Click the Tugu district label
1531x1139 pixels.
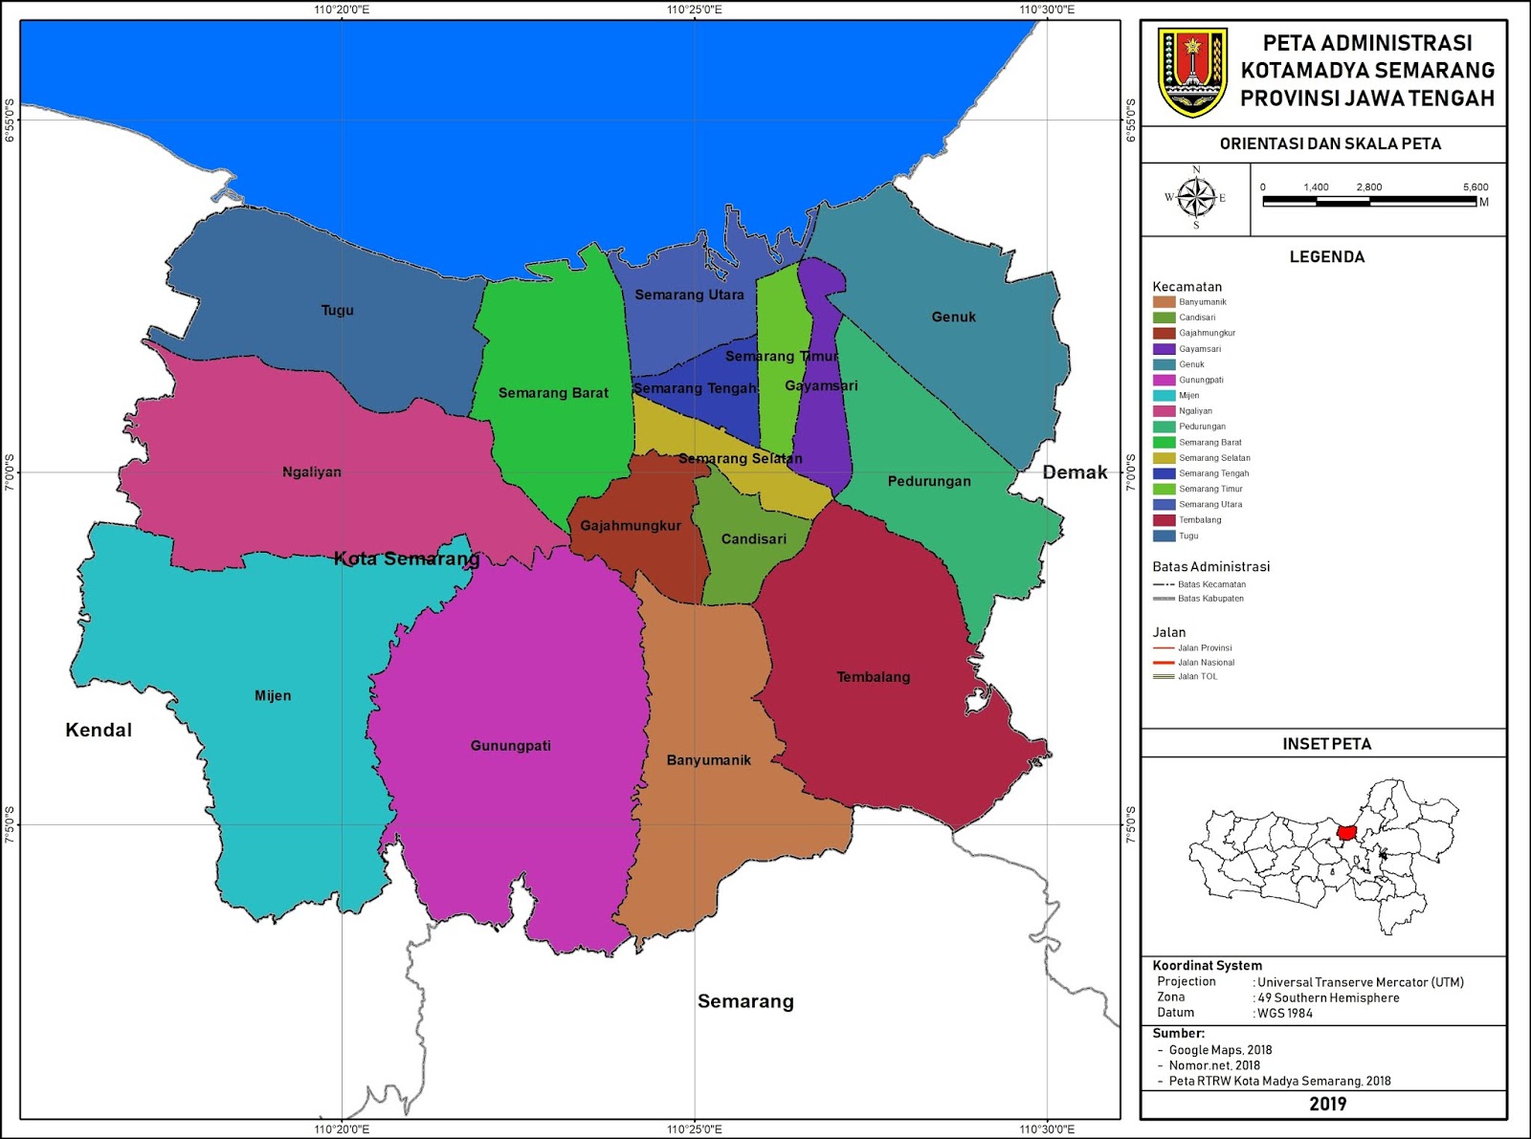337,310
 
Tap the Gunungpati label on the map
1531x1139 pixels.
510,746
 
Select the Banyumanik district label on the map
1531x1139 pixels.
708,760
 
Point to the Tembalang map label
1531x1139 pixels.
873,677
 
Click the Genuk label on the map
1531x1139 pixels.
953,317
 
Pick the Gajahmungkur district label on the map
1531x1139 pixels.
631,526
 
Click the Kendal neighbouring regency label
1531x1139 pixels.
99,730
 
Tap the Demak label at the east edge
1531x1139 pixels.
1075,471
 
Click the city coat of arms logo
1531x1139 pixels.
1192,73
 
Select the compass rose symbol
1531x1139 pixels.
1195,198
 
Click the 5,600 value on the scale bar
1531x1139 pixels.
1475,187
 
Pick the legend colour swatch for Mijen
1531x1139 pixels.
1164,395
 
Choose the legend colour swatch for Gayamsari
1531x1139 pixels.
1164,349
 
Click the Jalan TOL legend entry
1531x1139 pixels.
1197,676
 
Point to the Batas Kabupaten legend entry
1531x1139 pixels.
1209,599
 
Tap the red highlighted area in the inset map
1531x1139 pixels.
1346,833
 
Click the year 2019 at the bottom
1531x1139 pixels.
1326,1104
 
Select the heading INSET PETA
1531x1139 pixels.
1326,743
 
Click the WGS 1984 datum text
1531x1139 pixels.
1284,1013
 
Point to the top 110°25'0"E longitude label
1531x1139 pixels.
695,10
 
